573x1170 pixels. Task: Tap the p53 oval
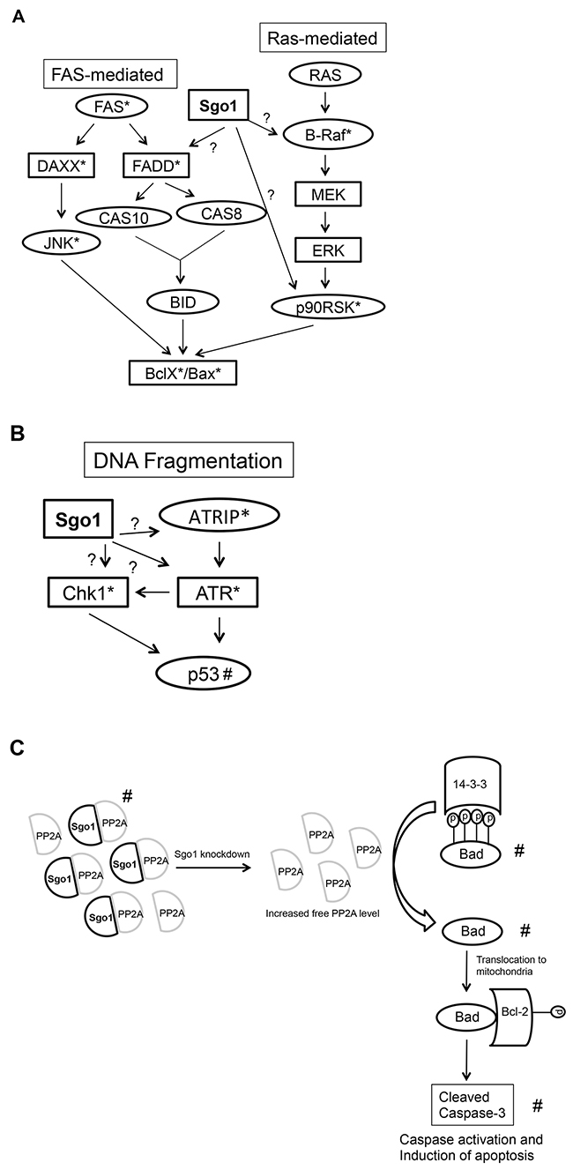tap(210, 675)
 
